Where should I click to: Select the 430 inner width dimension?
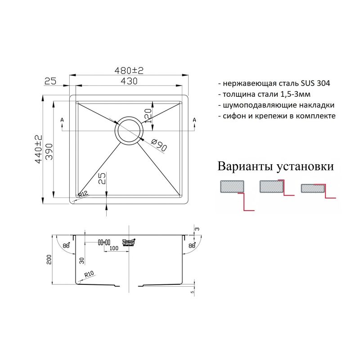point(128,81)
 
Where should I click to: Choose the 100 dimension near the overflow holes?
point(113,248)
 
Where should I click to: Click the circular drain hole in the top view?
point(130,130)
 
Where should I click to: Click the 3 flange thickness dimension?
point(197,229)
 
